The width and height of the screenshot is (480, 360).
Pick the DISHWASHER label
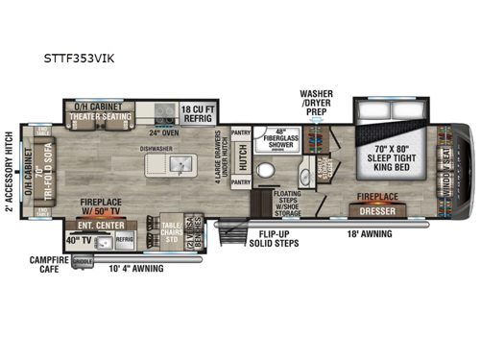point(157,148)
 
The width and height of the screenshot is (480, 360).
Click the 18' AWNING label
point(365,233)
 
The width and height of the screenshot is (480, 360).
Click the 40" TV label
point(76,238)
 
